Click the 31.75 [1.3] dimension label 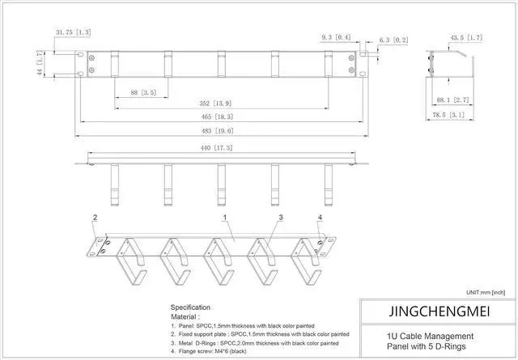(73, 32)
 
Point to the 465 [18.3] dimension (219, 118)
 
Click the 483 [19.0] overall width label (219, 131)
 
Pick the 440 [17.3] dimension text (219, 149)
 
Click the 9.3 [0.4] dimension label (336, 38)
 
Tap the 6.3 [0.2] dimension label (393, 39)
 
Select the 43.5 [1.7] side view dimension (466, 37)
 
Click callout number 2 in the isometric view (95, 218)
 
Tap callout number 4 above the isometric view (320, 218)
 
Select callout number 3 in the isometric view (280, 218)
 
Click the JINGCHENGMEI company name (436, 311)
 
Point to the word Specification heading (190, 307)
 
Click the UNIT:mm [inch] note (486, 291)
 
